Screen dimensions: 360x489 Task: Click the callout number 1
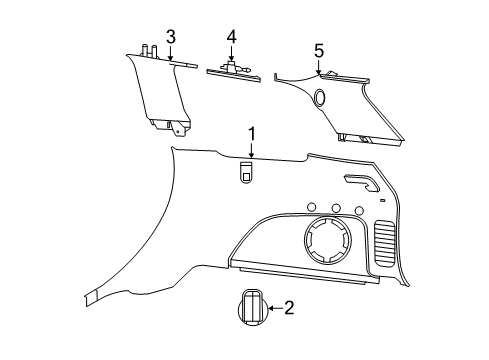tap(252, 134)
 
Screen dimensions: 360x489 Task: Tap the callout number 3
tap(171, 37)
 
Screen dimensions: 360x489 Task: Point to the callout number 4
tap(231, 37)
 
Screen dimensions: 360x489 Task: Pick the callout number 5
tap(319, 50)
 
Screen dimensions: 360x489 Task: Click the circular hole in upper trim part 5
tap(320, 97)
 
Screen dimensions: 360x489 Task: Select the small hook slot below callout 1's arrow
tap(245, 173)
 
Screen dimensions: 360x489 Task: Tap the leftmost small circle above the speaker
tap(311, 210)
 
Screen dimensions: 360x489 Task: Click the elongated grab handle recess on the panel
tap(363, 183)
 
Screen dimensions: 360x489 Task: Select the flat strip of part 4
tap(233, 73)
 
